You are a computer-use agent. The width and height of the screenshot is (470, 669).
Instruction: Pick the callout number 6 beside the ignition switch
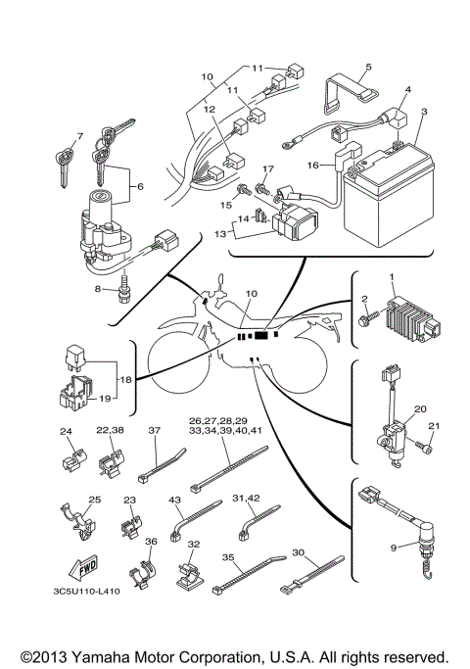pos(139,185)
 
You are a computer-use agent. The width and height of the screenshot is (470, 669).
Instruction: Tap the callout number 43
pos(176,501)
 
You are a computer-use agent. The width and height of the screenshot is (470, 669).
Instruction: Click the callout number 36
pos(150,542)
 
